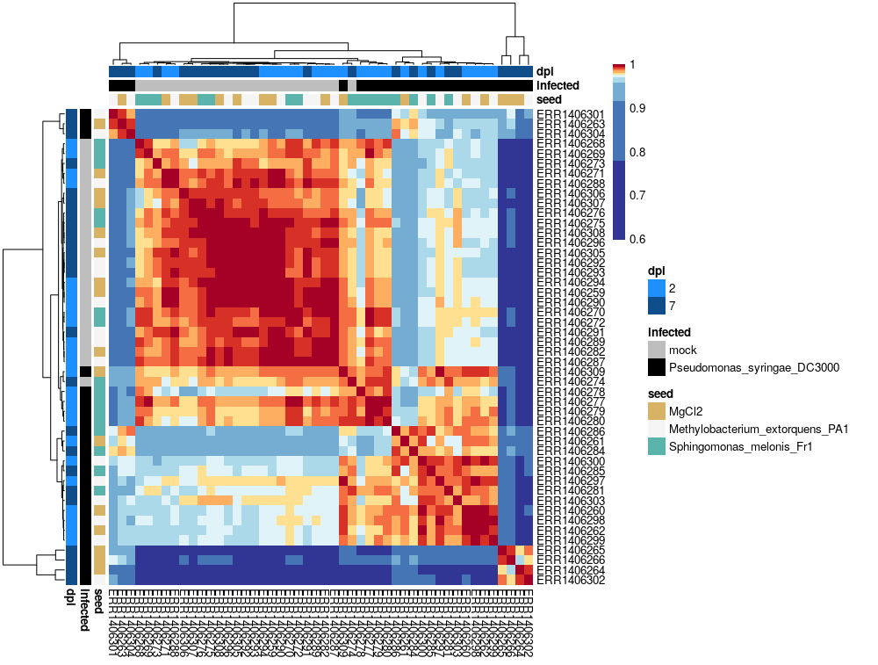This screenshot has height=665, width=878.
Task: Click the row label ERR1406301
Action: click(568, 114)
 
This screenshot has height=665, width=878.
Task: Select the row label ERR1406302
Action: click(568, 580)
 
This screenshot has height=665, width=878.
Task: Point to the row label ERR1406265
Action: click(568, 550)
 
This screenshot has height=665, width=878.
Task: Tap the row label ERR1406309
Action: click(568, 372)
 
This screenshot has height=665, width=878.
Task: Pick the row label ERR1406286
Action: click(568, 431)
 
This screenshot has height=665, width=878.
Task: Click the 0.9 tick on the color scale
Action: click(637, 108)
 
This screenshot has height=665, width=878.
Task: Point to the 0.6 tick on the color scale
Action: click(637, 239)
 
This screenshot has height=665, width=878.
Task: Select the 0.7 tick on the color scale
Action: click(637, 196)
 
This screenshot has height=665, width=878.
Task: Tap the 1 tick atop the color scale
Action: click(633, 65)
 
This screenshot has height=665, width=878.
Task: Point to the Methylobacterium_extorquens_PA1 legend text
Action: click(759, 429)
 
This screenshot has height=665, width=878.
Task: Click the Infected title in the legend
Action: click(669, 332)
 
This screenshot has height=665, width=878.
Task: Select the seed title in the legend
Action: click(660, 394)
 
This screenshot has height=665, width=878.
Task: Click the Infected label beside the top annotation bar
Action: click(558, 85)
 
